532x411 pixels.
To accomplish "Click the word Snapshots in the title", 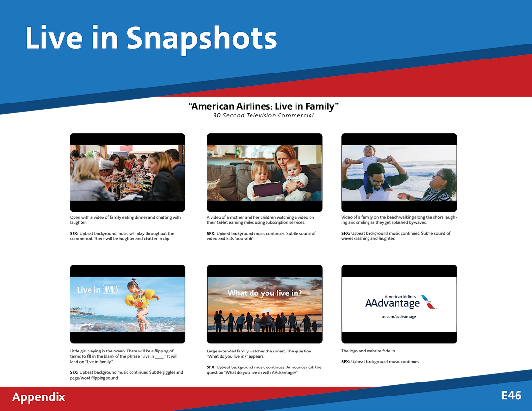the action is click(202, 39).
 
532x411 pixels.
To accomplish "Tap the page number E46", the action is click(511, 396).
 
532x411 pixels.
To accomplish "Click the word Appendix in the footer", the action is click(38, 397).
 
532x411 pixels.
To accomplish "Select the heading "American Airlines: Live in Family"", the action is click(263, 106).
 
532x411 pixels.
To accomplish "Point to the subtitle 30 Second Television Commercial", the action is click(263, 115).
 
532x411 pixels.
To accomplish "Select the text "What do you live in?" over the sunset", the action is click(265, 293).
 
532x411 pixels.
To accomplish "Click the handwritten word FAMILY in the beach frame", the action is click(111, 289).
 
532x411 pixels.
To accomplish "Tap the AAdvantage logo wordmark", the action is click(392, 303).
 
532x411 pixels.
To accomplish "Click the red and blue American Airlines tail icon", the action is click(429, 301).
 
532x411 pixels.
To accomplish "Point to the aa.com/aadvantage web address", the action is click(399, 317).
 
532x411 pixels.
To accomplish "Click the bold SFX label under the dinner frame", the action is click(74, 234).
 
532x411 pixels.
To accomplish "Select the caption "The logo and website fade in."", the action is click(369, 351).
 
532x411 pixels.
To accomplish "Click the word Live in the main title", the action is click(54, 38).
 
